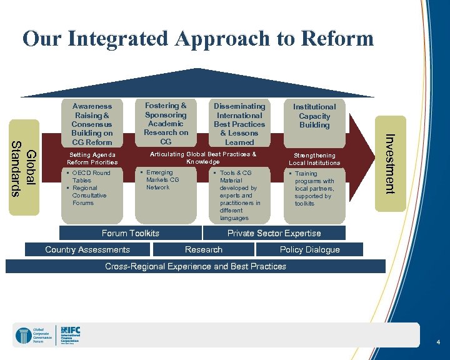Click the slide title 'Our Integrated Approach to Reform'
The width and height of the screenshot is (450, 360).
point(198,39)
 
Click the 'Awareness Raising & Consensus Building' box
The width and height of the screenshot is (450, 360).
point(92,124)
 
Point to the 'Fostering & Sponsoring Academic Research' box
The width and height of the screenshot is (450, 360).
point(166,123)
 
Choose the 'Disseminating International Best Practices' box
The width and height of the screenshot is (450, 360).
point(239,124)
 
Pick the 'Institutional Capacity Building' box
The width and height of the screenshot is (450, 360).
point(314,116)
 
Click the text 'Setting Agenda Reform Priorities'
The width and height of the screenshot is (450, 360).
point(92,159)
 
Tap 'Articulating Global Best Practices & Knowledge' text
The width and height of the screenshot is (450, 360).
point(203,157)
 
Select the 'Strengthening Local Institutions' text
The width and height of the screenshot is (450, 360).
point(314,159)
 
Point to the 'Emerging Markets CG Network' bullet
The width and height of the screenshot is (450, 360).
point(162,180)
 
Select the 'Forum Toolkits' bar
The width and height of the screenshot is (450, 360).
point(130,233)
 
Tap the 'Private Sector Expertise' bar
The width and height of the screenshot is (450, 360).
point(274,233)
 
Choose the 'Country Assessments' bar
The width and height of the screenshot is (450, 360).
point(87,249)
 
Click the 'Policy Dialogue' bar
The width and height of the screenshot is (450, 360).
point(309,249)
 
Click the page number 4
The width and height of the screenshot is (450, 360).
point(439,342)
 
